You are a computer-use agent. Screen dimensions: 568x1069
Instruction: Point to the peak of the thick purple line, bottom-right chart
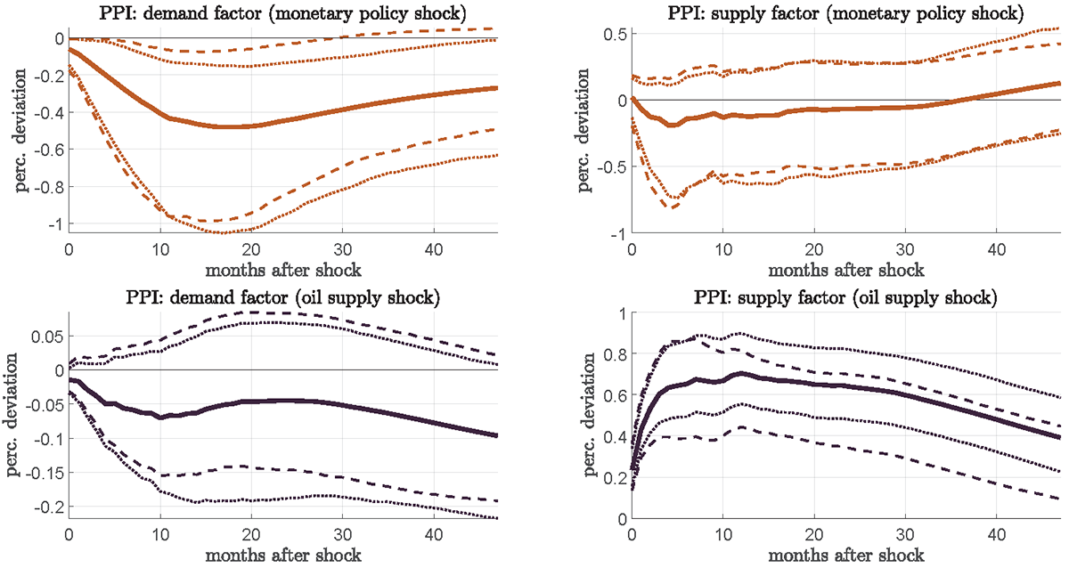tap(740, 374)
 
